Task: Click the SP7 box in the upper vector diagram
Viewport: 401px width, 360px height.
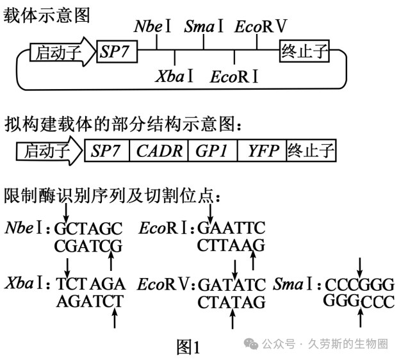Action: click(117, 51)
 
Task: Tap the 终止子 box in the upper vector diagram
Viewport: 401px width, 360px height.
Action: click(304, 51)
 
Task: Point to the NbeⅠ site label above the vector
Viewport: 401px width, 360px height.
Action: click(152, 26)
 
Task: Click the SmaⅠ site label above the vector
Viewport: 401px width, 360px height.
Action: click(204, 26)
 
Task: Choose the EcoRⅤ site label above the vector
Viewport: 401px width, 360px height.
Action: click(261, 26)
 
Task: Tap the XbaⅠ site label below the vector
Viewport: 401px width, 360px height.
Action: click(174, 76)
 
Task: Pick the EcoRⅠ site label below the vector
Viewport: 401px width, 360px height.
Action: click(234, 76)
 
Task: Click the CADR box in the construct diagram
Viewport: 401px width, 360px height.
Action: click(159, 151)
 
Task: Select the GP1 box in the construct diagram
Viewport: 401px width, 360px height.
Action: click(213, 151)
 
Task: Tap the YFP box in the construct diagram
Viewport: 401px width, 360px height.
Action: click(262, 151)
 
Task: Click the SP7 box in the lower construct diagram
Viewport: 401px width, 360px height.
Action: click(107, 151)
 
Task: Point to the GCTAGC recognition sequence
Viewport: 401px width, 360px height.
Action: click(88, 228)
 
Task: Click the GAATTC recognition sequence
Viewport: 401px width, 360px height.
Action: click(231, 228)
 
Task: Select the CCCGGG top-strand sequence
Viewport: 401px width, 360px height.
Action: click(359, 284)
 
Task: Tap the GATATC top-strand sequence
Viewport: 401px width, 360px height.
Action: click(232, 284)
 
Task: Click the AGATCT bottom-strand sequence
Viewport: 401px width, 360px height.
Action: click(90, 301)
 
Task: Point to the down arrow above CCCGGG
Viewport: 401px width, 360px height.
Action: click(360, 267)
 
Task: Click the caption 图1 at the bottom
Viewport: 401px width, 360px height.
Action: click(188, 347)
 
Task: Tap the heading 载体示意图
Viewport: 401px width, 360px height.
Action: click(47, 15)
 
